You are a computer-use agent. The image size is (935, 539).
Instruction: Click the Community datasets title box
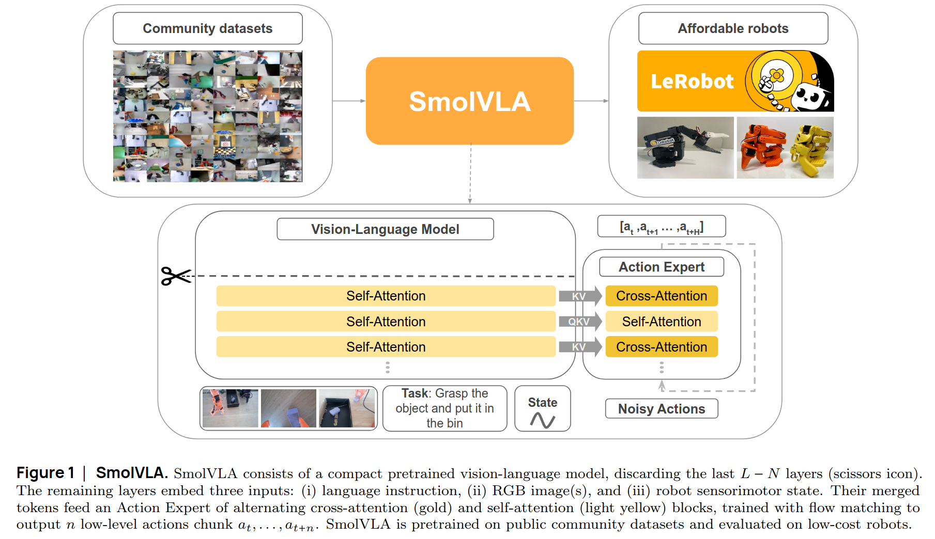[207, 28]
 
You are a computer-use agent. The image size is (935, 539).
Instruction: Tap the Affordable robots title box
[733, 28]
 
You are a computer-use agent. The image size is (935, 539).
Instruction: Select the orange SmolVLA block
[470, 101]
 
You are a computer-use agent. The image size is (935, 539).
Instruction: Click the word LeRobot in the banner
[692, 82]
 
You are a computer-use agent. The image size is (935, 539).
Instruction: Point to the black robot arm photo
[685, 148]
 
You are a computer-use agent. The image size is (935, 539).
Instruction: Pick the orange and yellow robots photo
[785, 148]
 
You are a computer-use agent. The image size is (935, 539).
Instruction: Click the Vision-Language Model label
[385, 229]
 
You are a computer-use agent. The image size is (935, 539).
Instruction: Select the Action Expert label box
[662, 267]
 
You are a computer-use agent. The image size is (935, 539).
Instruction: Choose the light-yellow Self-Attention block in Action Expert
[662, 322]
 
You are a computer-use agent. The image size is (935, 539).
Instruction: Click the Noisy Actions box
[662, 409]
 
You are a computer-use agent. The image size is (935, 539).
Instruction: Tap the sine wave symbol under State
[543, 420]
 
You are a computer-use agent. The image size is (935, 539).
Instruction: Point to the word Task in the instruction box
[415, 393]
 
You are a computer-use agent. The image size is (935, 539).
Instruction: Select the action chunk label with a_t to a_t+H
[662, 227]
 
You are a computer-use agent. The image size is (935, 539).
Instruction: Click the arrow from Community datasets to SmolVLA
[349, 101]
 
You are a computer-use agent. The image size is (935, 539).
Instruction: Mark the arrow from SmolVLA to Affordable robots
[591, 101]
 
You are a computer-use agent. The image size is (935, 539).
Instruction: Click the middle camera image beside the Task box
[288, 408]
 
